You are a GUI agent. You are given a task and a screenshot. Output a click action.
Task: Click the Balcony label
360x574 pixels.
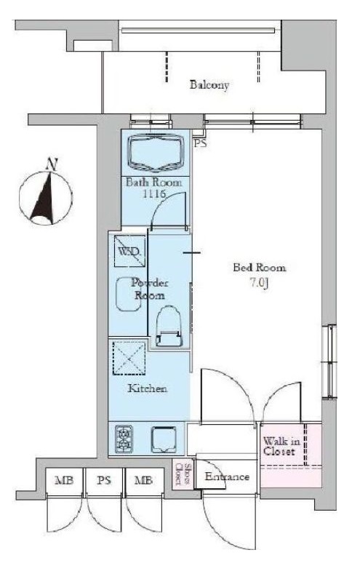[209, 85]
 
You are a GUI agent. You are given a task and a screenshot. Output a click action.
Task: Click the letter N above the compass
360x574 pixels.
[52, 164]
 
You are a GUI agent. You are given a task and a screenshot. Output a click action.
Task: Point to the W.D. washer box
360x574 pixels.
[130, 251]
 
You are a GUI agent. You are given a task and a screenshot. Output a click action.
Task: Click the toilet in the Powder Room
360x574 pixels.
[168, 326]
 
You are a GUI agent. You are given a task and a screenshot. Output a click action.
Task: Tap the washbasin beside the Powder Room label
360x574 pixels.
[128, 294]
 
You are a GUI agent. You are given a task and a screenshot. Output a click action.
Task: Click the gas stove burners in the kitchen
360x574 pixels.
[124, 438]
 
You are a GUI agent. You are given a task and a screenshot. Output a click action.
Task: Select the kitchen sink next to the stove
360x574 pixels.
[164, 439]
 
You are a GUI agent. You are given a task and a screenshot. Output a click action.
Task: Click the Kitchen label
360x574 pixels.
[147, 388]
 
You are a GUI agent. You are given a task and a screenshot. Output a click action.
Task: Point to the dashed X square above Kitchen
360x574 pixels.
[129, 359]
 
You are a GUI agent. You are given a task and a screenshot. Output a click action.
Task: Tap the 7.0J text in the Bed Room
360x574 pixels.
[260, 283]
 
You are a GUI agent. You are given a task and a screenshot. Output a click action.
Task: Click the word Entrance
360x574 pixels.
[227, 477]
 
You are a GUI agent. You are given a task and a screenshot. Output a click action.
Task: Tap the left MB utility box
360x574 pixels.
[64, 482]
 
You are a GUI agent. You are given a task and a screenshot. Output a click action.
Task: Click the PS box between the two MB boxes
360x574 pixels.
[104, 482]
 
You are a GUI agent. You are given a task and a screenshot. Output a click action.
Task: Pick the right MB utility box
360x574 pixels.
[143, 482]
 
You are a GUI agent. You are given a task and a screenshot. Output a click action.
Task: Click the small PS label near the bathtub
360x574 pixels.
[200, 143]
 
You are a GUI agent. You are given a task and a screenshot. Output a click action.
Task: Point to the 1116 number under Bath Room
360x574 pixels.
[154, 194]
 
